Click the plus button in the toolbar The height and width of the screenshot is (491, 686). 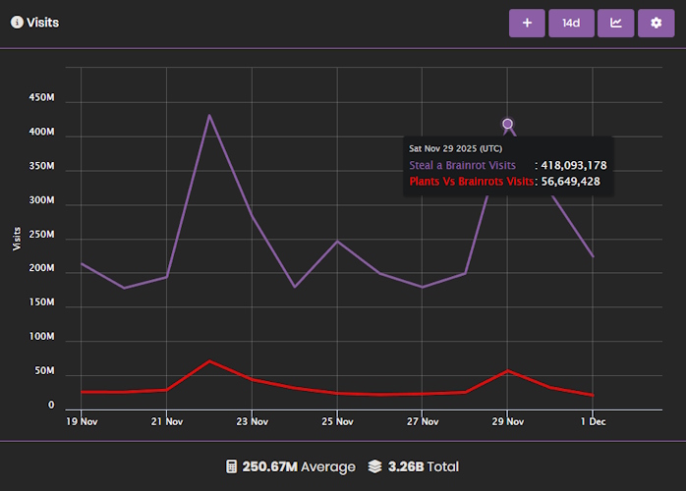(527, 23)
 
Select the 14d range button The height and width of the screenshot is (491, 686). (571, 23)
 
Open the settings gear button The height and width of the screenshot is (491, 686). (657, 23)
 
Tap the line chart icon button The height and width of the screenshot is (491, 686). (616, 23)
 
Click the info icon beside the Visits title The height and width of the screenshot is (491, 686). (17, 22)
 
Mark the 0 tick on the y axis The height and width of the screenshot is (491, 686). (51, 405)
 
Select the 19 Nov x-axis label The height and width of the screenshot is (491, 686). (82, 421)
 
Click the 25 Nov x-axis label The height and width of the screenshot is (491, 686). (337, 421)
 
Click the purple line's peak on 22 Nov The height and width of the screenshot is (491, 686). (209, 115)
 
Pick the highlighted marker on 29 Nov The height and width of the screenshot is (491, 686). (508, 124)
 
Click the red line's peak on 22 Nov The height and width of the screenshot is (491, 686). (209, 360)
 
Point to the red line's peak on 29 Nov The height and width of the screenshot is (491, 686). (508, 370)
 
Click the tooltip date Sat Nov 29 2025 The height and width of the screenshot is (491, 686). (455, 148)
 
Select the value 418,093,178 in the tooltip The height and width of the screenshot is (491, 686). (574, 165)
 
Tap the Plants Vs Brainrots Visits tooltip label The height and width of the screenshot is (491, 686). (472, 182)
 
